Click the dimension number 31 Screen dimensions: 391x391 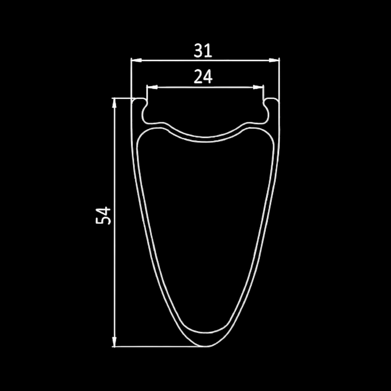click(203, 51)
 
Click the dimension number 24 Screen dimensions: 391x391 click(203, 77)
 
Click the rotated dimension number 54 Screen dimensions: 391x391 click(103, 215)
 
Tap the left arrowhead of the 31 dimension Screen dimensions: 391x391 click(135, 60)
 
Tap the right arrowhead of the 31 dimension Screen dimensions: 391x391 click(274, 60)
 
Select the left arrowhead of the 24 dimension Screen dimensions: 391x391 click(152, 87)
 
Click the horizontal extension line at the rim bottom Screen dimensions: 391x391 click(157, 346)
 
